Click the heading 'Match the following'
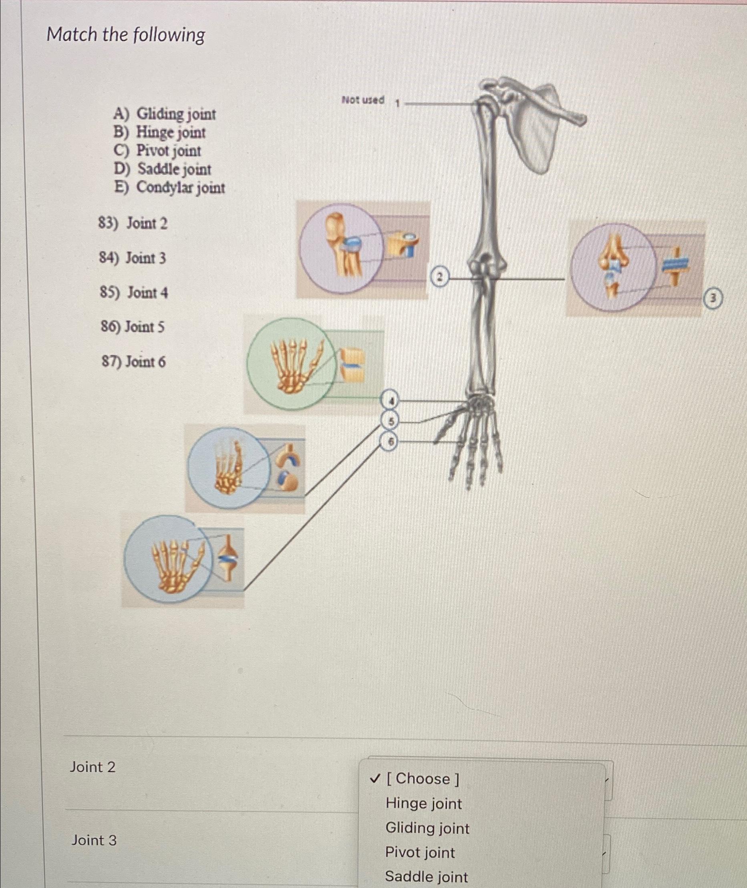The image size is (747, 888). [126, 35]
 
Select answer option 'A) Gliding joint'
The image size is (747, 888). [165, 114]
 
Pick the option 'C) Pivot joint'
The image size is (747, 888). [157, 151]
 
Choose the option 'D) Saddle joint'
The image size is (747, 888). [162, 170]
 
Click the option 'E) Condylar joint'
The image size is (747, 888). [169, 188]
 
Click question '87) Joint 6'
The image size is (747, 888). [133, 362]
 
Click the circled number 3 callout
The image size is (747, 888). [713, 299]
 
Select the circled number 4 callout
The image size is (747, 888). [391, 400]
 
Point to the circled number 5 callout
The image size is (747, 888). [391, 421]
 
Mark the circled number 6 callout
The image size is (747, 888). [391, 442]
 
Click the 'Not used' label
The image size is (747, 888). [363, 101]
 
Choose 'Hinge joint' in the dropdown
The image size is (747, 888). [423, 804]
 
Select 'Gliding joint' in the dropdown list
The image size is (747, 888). [427, 828]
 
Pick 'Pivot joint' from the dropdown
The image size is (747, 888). [420, 852]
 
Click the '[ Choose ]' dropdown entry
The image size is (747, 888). [422, 779]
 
